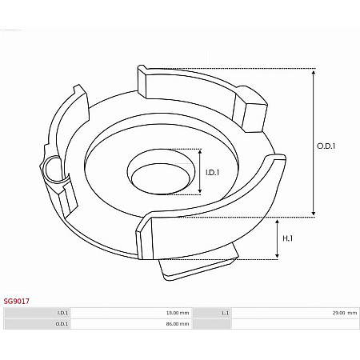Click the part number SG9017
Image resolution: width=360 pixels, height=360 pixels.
(x=17, y=301)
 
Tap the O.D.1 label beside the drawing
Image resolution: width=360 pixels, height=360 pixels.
(x=326, y=146)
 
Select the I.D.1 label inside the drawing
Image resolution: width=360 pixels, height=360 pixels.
(x=212, y=171)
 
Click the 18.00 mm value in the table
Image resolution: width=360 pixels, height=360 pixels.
(x=178, y=313)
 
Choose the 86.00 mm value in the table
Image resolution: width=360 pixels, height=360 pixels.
(x=178, y=324)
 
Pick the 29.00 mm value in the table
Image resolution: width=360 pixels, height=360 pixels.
(x=345, y=313)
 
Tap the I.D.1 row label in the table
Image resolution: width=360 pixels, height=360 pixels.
(x=62, y=313)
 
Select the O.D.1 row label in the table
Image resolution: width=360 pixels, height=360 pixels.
(x=62, y=324)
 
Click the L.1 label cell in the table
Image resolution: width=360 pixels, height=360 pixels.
(x=226, y=313)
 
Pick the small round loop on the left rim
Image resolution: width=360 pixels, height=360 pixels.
(x=52, y=168)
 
